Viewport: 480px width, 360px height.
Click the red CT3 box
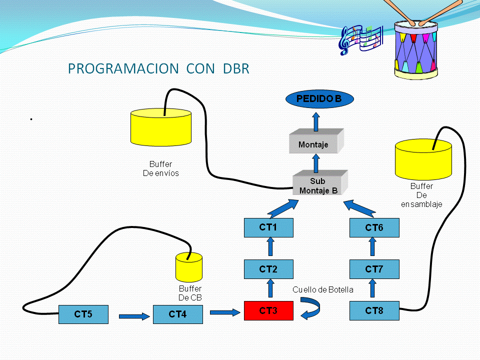(x=268, y=310)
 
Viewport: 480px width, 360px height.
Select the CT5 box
(x=83, y=314)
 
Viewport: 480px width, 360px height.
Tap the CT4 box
(x=178, y=314)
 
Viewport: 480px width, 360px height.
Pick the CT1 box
(x=268, y=227)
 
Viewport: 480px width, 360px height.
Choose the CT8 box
(x=374, y=310)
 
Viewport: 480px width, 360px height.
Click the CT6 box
(x=374, y=227)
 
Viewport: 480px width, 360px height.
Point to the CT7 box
(x=374, y=269)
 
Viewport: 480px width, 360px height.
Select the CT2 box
(x=268, y=269)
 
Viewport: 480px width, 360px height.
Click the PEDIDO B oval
(x=319, y=99)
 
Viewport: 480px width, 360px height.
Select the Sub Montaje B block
(x=318, y=185)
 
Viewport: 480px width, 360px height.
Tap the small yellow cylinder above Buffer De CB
(x=189, y=267)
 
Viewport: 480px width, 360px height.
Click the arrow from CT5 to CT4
(x=134, y=316)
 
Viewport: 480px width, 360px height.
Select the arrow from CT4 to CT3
(x=225, y=313)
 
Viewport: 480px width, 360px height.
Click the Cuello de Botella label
(x=323, y=289)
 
